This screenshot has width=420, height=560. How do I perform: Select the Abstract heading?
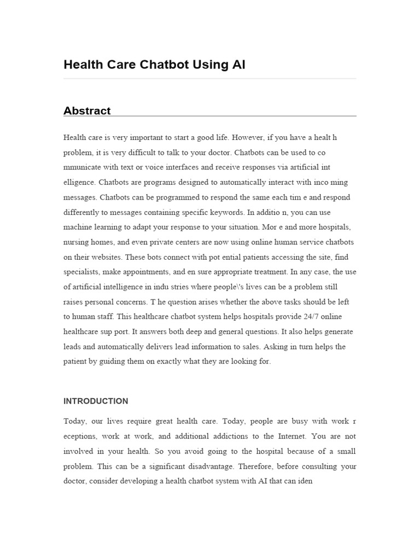pyautogui.click(x=87, y=110)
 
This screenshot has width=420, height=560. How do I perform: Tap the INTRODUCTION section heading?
pyautogui.click(x=96, y=401)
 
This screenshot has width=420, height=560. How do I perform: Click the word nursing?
pyautogui.click(x=76, y=242)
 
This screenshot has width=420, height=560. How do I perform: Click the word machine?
pyautogui.click(x=78, y=227)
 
